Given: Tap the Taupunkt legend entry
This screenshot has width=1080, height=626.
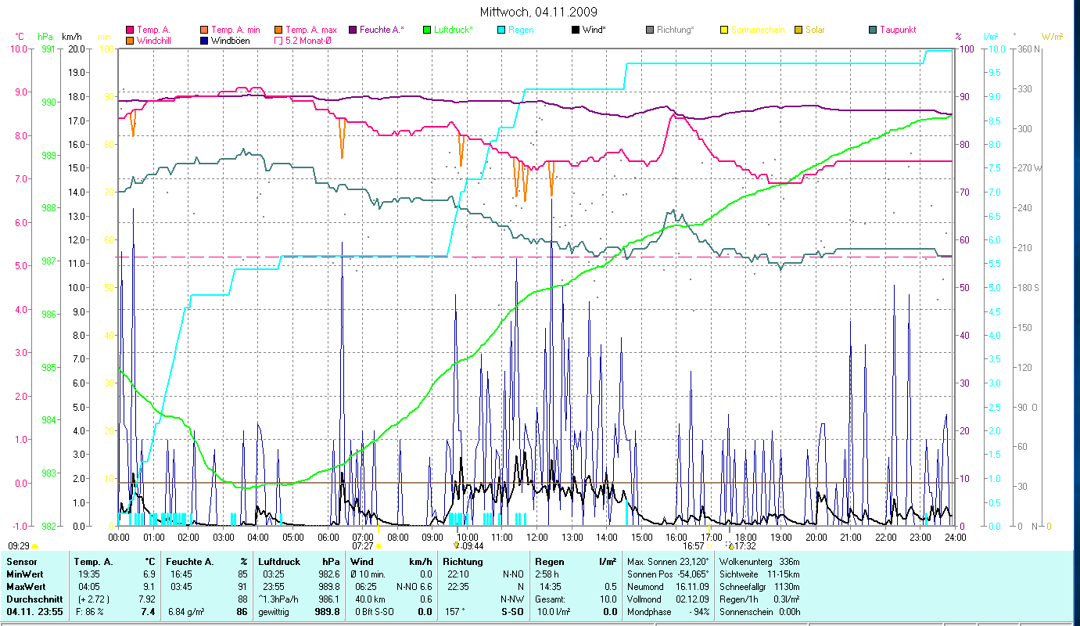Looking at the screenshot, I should (x=897, y=30).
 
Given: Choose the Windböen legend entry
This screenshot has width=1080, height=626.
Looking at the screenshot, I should (x=230, y=40).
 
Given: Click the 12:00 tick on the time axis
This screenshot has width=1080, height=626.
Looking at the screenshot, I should (x=537, y=537).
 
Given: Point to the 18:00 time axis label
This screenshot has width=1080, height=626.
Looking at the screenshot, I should (x=746, y=537).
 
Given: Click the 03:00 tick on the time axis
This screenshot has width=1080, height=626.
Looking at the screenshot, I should (x=223, y=537).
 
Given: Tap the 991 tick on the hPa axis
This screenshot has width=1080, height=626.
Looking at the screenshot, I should (x=48, y=49).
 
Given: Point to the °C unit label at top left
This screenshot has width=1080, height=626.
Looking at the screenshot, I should (x=20, y=36).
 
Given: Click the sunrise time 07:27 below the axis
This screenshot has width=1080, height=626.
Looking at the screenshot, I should (x=363, y=545).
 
